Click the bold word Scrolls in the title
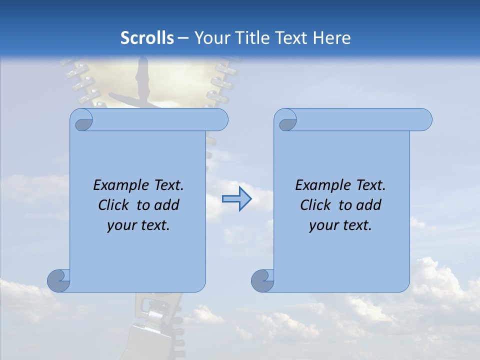pyautogui.click(x=147, y=38)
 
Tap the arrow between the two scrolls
pyautogui.click(x=236, y=199)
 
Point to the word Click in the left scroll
pyautogui.click(x=113, y=205)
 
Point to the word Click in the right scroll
pyautogui.click(x=315, y=205)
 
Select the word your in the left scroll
pyautogui.click(x=121, y=225)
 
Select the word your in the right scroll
pyautogui.click(x=323, y=225)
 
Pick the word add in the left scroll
pyautogui.click(x=166, y=205)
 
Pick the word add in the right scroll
pyautogui.click(x=368, y=205)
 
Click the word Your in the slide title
pyautogui.click(x=210, y=38)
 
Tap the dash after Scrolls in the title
pyautogui.click(x=183, y=38)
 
